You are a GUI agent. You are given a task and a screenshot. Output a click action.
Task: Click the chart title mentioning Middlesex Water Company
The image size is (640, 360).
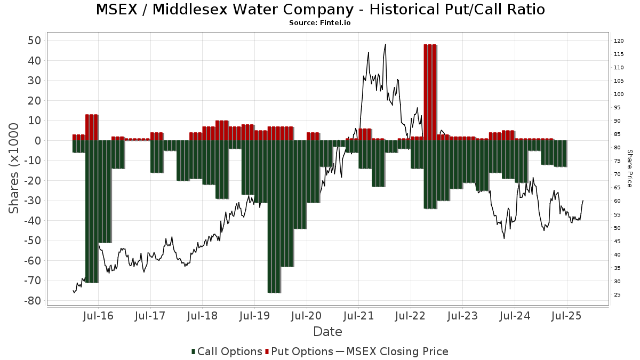[320, 10]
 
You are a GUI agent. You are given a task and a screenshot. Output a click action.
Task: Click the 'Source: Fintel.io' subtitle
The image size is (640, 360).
[320, 23]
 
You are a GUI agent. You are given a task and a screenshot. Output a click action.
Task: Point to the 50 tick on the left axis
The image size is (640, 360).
[35, 41]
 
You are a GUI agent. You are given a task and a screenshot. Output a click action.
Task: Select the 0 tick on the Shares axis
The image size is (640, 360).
[38, 141]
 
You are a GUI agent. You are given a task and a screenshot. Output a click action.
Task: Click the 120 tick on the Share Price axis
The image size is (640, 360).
[619, 41]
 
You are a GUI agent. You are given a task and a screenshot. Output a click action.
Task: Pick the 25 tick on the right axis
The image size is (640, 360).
[617, 295]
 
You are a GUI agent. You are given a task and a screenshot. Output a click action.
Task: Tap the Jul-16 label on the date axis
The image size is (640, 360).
[99, 316]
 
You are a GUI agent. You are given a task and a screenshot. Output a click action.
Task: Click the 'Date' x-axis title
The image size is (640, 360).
[327, 332]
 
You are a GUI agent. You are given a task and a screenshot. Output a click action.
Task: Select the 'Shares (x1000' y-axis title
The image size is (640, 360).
[14, 168]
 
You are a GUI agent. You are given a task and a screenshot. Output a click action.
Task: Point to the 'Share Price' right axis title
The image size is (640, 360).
[629, 168]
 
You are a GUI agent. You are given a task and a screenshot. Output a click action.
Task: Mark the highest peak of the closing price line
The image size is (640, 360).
[385, 44]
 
